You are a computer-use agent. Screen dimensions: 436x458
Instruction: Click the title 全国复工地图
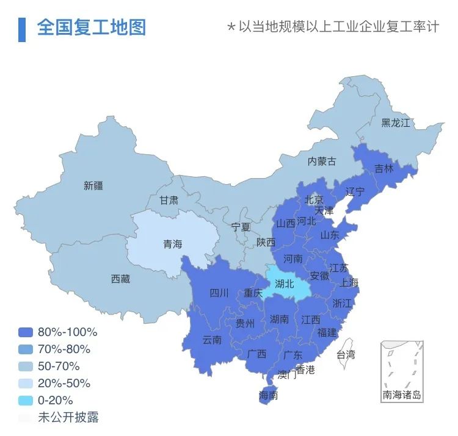point(92,27)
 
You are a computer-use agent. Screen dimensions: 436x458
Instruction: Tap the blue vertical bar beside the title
point(22,29)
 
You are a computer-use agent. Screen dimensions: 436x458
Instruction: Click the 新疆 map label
point(93,185)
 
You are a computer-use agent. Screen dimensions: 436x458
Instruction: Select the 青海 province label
point(172,244)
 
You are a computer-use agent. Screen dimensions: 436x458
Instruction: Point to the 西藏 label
point(120,279)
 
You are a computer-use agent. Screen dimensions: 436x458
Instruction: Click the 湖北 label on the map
point(285,284)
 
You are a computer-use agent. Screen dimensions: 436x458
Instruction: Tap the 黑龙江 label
point(396,123)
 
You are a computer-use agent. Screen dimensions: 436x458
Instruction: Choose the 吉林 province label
point(384,169)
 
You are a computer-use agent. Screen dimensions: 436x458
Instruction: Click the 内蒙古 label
point(321,162)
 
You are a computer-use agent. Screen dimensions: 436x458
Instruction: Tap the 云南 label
point(212,340)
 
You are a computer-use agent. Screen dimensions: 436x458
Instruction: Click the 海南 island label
point(268,395)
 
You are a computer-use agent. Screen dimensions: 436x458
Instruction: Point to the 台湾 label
point(345,354)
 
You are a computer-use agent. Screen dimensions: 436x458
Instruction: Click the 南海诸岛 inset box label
point(402,395)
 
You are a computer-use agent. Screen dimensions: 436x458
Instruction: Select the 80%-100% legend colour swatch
point(26,332)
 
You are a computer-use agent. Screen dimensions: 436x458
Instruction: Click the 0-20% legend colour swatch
point(26,401)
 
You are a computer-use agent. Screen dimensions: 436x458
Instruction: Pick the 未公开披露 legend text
point(68,418)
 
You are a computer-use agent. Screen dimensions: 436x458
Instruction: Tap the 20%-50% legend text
point(64,384)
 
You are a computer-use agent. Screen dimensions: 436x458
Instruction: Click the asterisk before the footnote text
point(231,28)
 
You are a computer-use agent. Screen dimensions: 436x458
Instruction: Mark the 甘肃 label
point(169,200)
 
